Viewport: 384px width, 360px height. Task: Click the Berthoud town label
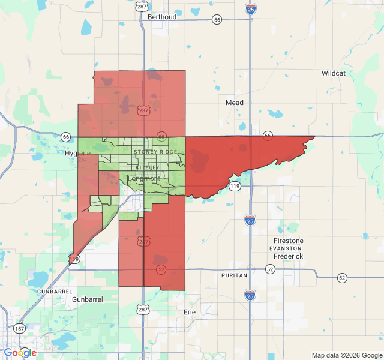pos(162,17)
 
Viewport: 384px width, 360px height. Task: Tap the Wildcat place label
pos(333,73)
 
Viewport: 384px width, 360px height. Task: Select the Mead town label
pos(235,103)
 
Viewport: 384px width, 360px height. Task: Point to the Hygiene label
pos(78,154)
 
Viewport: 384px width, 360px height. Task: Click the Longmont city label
pos(144,178)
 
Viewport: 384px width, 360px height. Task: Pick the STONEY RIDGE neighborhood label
pos(155,152)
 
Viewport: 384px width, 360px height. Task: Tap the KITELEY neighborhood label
pos(148,167)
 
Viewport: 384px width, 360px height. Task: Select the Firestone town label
pos(288,241)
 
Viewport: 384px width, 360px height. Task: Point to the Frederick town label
pos(288,256)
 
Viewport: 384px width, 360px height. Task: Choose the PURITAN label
pos(234,275)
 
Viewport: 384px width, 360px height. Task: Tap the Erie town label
pos(190,312)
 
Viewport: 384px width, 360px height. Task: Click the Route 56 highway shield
pos(217,20)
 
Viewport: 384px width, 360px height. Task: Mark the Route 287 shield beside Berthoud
pos(142,7)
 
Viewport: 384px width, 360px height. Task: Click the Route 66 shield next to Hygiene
pos(65,137)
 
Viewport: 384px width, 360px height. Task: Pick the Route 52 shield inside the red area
pos(161,270)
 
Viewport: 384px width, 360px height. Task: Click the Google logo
pos(20,353)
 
